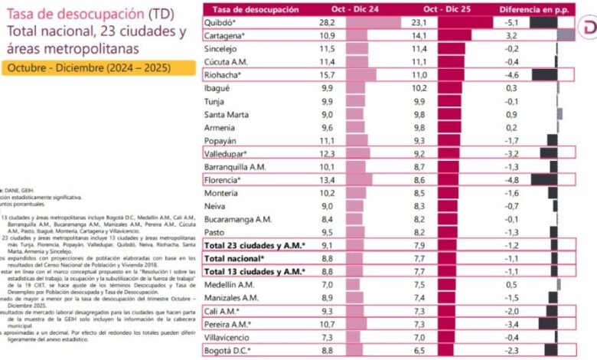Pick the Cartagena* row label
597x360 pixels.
click(227, 36)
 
